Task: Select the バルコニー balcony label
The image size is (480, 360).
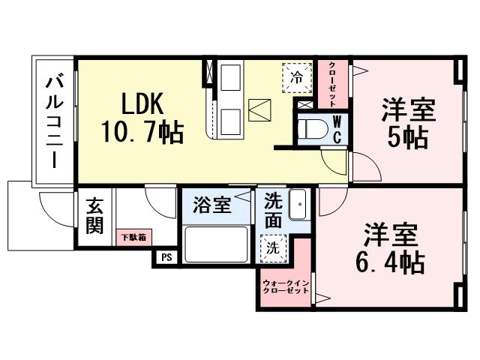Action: (54, 121)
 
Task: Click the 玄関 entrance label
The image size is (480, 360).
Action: (94, 214)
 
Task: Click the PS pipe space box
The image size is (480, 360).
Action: (166, 256)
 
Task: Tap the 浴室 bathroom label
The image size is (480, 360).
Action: (211, 205)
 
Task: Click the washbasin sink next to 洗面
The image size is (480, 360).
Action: (298, 205)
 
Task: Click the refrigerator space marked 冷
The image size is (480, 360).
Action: (297, 76)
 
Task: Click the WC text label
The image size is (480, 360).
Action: (337, 129)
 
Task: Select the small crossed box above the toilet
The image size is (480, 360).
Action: (305, 104)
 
